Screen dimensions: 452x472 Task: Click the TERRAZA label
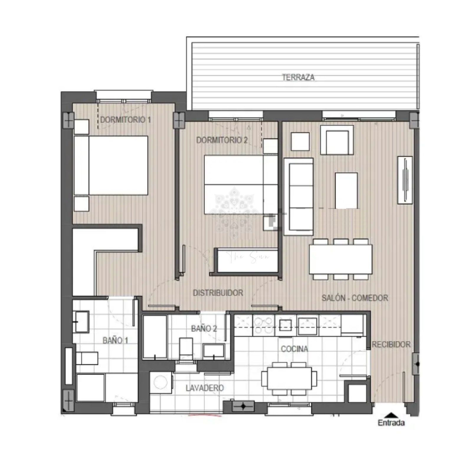tap(298, 77)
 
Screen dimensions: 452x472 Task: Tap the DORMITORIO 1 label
tap(125, 120)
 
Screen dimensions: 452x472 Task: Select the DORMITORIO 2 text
tap(222, 140)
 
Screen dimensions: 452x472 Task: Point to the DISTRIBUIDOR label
tap(218, 293)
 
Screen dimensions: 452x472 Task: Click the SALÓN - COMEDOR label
tap(355, 298)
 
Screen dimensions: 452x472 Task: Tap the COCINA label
tap(294, 349)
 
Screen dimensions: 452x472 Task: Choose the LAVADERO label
tap(204, 388)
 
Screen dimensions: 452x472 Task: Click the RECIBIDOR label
tap(391, 344)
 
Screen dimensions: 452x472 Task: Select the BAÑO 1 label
tap(115, 340)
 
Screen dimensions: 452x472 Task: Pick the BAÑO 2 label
tap(204, 328)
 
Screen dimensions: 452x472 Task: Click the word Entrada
tap(391, 423)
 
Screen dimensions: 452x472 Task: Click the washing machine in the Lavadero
tap(161, 383)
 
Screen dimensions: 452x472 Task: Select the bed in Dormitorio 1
tap(111, 165)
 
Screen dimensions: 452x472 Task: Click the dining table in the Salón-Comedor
tap(341, 259)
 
